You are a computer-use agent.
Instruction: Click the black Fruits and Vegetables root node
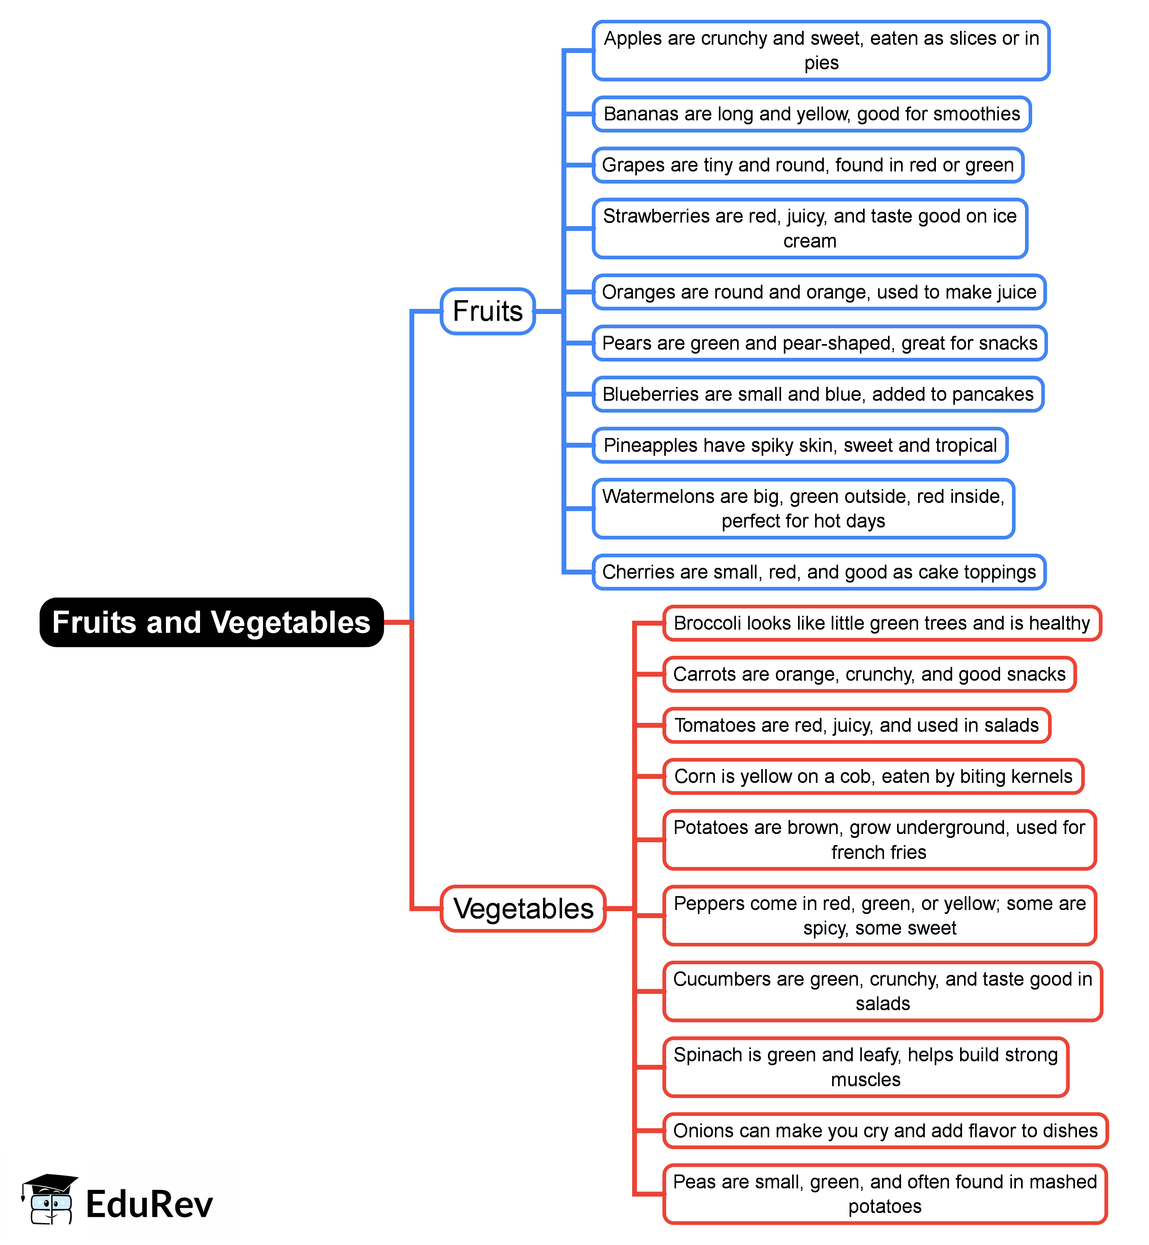pyautogui.click(x=212, y=622)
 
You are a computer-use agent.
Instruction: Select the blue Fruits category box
pyautogui.click(x=488, y=311)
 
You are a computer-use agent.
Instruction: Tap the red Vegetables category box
pyautogui.click(x=523, y=909)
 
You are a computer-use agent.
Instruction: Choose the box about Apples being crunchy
pyautogui.click(x=821, y=50)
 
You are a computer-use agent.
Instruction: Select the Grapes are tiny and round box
pyautogui.click(x=808, y=165)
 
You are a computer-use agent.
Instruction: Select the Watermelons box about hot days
pyautogui.click(x=803, y=508)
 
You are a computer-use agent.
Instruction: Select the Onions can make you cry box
pyautogui.click(x=885, y=1131)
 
